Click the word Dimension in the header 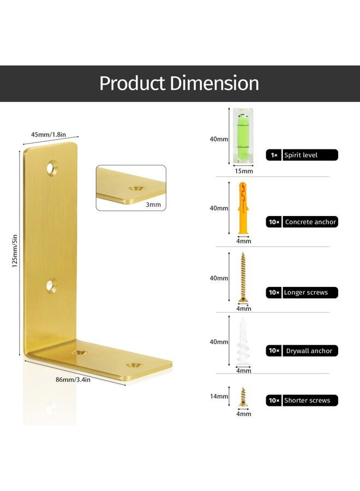(214, 83)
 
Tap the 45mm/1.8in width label (49, 135)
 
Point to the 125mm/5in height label (15, 251)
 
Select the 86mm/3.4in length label (73, 380)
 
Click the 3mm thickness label (153, 205)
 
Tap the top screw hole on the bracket (52, 168)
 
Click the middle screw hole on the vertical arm (52, 285)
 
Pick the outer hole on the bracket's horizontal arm (134, 365)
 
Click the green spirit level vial (243, 136)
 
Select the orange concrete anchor (243, 208)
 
